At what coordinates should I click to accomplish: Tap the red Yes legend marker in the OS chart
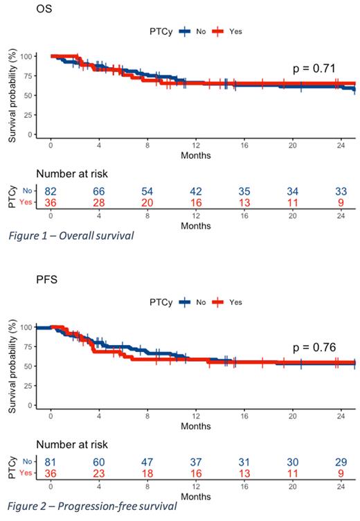coord(218,30)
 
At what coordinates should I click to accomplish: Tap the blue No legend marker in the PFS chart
coord(185,302)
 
